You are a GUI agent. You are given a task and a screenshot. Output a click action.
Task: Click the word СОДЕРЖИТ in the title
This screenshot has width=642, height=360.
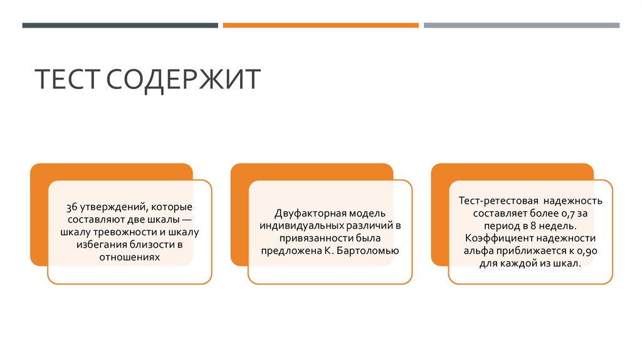click(x=183, y=80)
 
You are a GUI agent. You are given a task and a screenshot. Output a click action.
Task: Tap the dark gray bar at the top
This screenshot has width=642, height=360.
click(x=120, y=25)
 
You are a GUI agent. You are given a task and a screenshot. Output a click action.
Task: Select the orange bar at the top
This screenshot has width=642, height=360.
click(x=320, y=25)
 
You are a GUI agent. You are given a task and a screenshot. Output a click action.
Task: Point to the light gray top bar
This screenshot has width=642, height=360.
click(x=521, y=25)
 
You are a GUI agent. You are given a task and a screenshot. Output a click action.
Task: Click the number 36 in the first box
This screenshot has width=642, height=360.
click(x=71, y=207)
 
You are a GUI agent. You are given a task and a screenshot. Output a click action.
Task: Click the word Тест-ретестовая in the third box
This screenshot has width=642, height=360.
click(x=498, y=201)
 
